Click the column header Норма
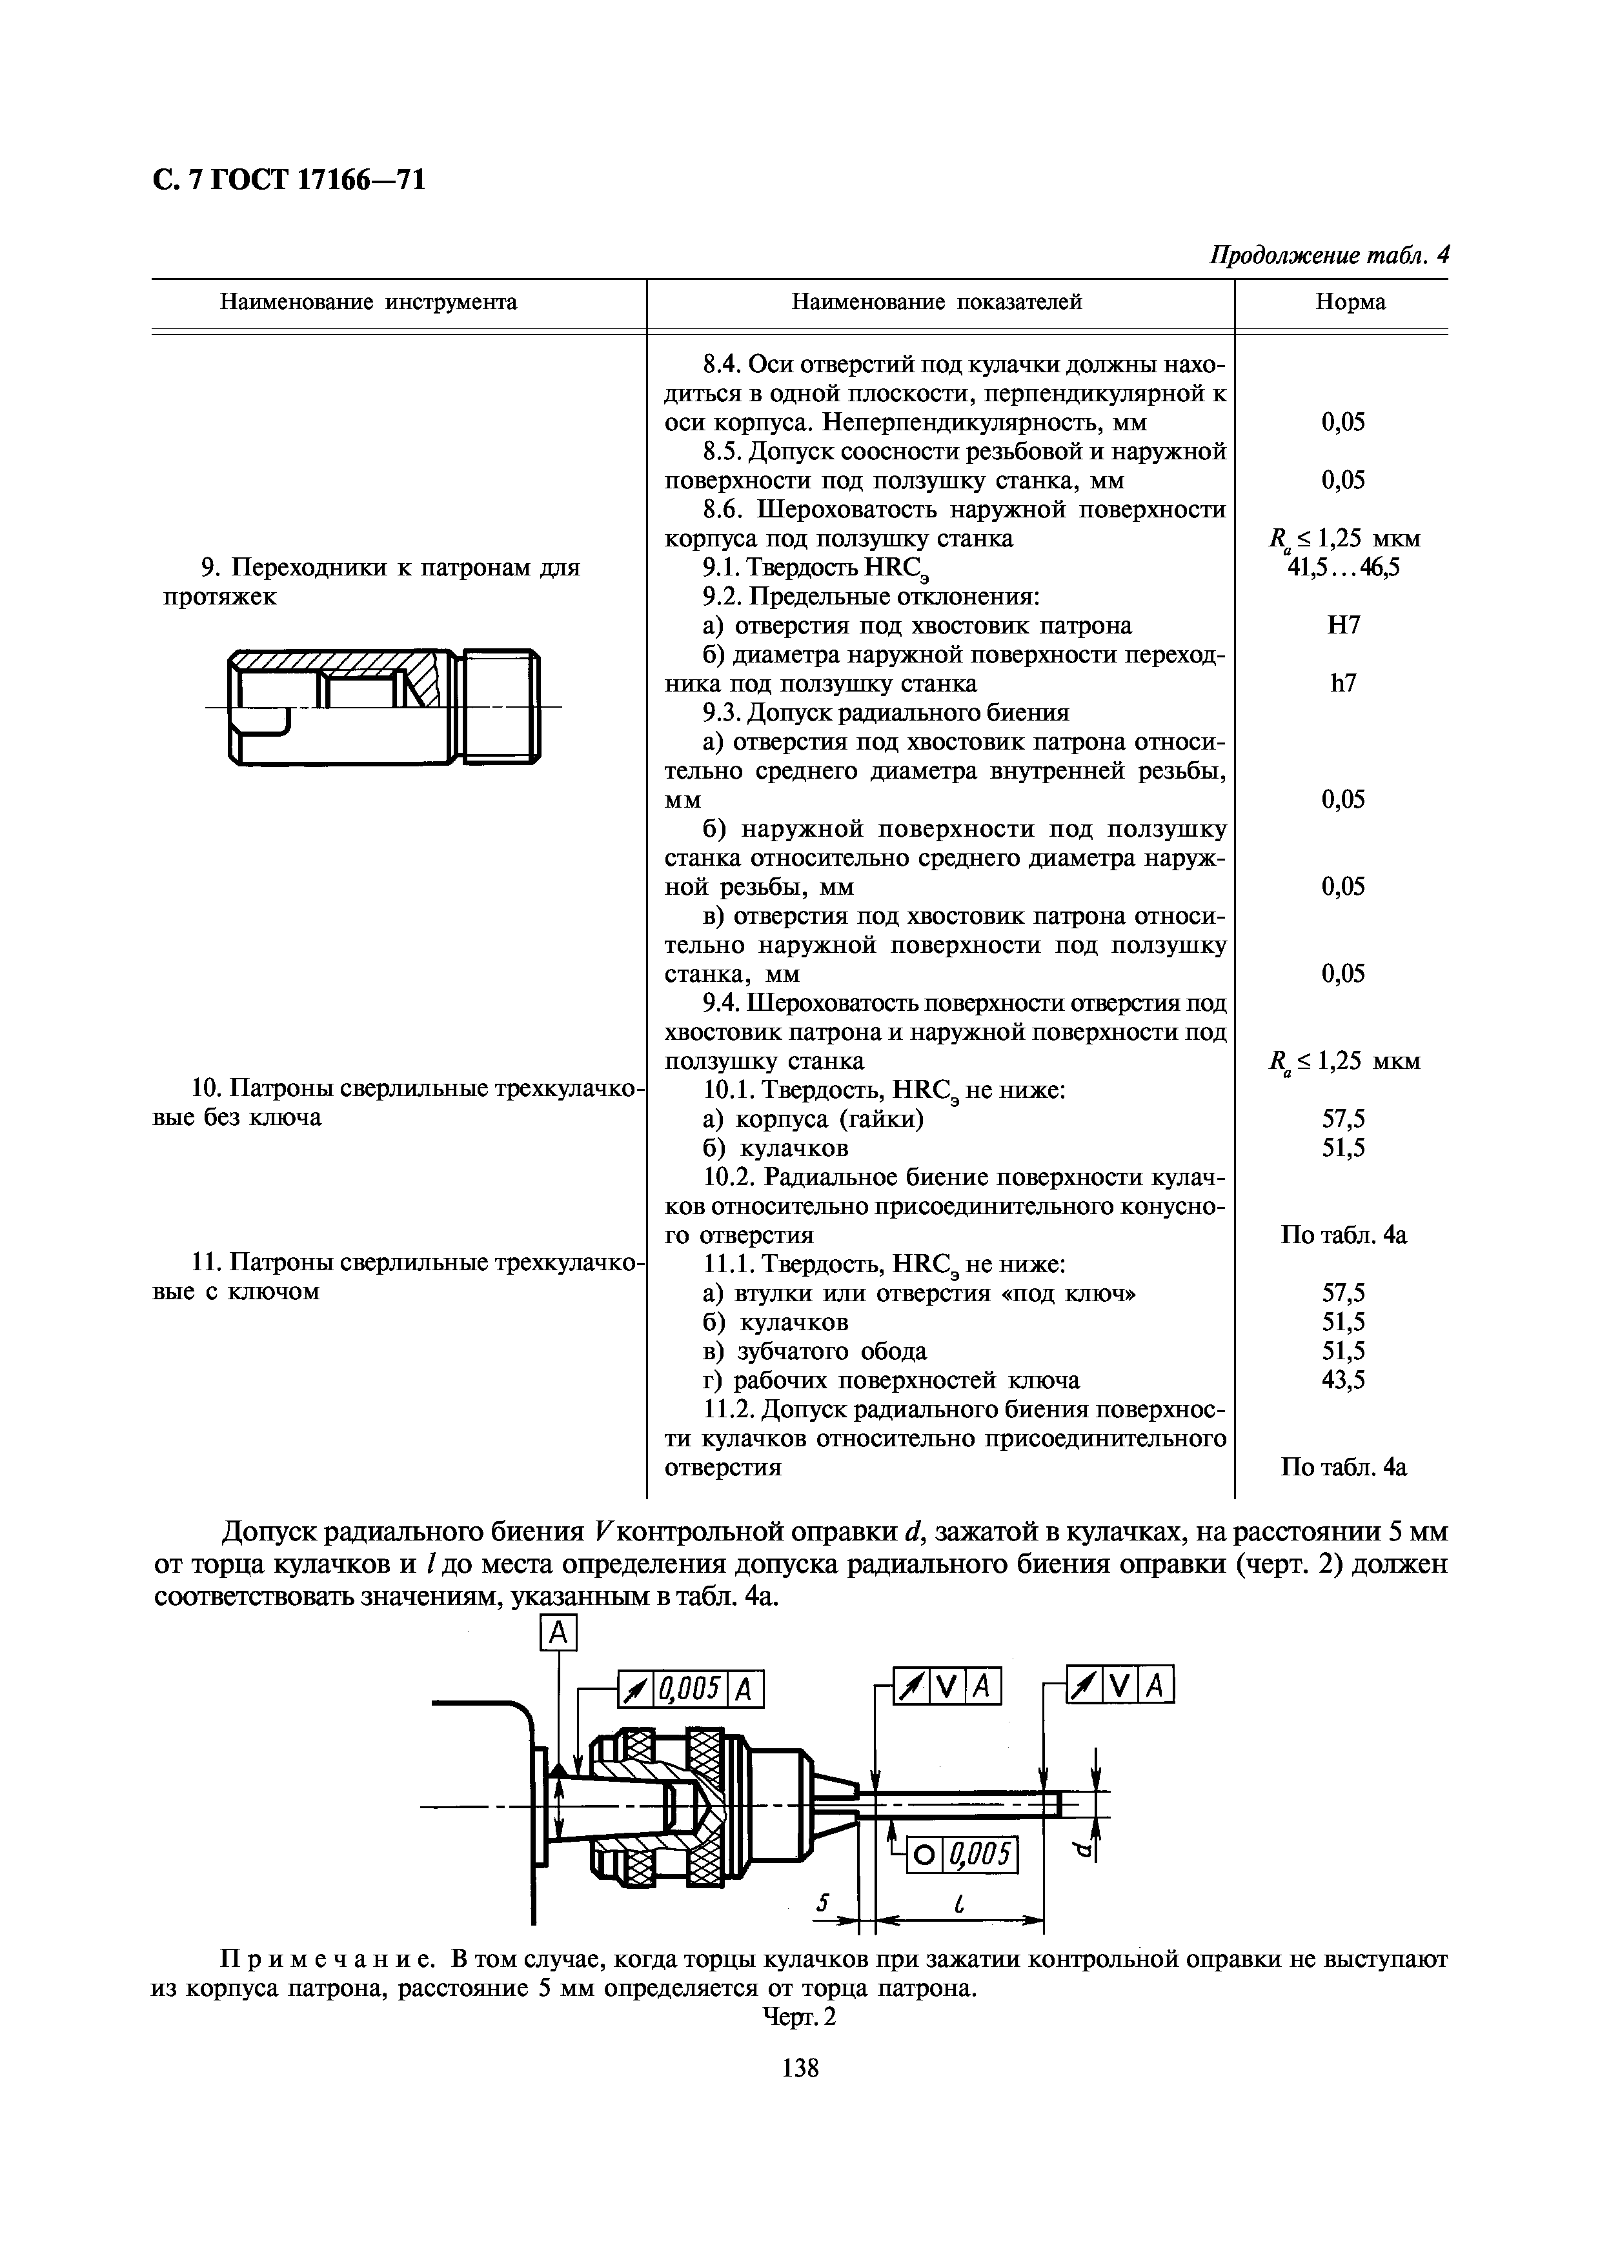[x=1350, y=302]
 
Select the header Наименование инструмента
[x=368, y=302]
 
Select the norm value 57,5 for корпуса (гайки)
[x=1342, y=1119]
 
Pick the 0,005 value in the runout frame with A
[x=692, y=1690]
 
